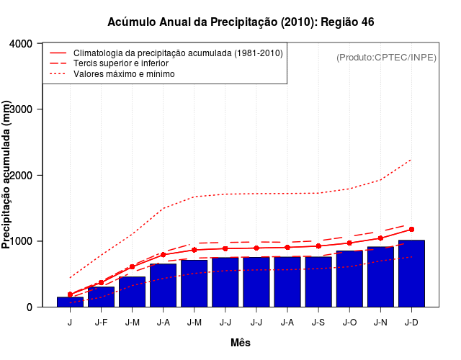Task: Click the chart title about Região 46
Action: (x=241, y=22)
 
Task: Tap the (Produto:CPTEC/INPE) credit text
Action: (x=386, y=57)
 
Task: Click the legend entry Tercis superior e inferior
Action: (x=130, y=63)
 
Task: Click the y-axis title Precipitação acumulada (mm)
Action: (x=7, y=176)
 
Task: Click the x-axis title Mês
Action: (x=241, y=343)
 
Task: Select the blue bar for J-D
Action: (x=411, y=274)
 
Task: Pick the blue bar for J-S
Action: (x=318, y=282)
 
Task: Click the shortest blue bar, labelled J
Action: (x=70, y=302)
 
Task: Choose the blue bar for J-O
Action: (x=349, y=279)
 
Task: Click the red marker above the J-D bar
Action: (x=411, y=229)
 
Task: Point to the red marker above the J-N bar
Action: (x=380, y=238)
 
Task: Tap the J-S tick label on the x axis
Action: (x=318, y=322)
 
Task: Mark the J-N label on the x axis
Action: (x=380, y=322)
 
